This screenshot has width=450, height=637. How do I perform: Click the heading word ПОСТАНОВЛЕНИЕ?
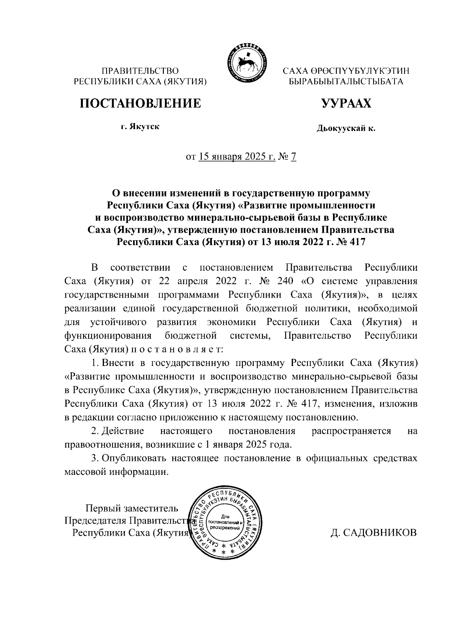(x=139, y=103)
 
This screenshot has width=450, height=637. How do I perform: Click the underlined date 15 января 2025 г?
(x=237, y=157)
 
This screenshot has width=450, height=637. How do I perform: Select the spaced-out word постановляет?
(x=177, y=349)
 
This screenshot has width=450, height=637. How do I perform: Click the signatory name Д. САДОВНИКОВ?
(x=373, y=533)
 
